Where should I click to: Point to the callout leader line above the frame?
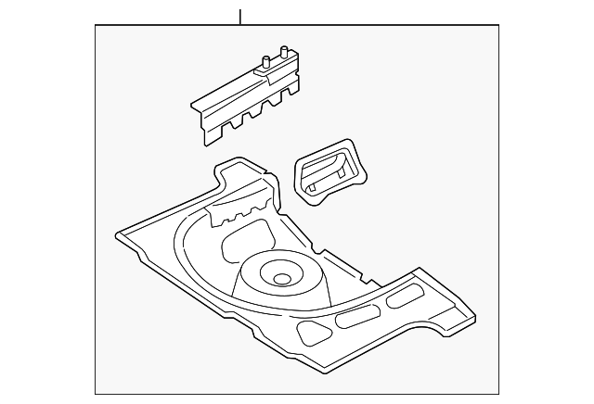239,17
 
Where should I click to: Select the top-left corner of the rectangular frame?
97,26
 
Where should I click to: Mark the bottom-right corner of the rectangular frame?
497,393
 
